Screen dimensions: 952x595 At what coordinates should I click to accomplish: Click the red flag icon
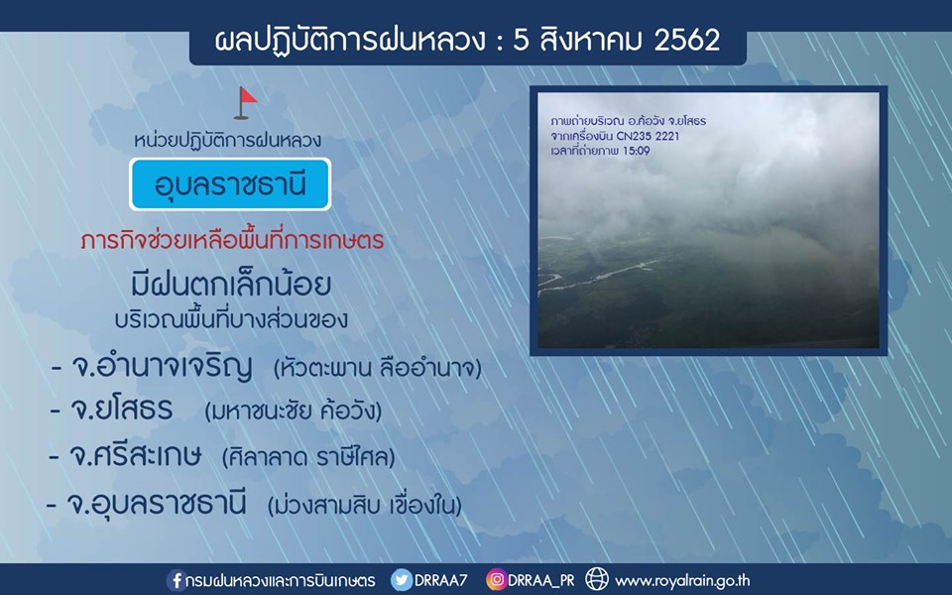pyautogui.click(x=246, y=102)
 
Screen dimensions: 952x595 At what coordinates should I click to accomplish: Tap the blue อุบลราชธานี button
pyautogui.click(x=230, y=184)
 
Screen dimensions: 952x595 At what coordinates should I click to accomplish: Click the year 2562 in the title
pyautogui.click(x=687, y=40)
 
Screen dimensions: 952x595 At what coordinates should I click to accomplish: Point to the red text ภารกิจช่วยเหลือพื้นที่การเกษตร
pyautogui.click(x=232, y=240)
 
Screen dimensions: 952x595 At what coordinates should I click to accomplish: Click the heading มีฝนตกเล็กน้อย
pyautogui.click(x=231, y=285)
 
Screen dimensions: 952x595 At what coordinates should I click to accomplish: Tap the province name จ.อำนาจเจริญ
pyautogui.click(x=162, y=367)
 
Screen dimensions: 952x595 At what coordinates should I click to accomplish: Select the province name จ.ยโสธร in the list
pyautogui.click(x=121, y=410)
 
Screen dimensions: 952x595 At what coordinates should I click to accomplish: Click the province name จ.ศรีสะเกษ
pyautogui.click(x=135, y=456)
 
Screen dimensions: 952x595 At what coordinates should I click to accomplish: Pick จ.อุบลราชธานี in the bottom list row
pyautogui.click(x=157, y=504)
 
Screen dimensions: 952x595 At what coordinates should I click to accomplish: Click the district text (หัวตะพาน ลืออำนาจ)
pyautogui.click(x=377, y=368)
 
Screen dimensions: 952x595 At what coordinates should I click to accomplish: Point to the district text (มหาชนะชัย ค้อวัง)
pyautogui.click(x=294, y=412)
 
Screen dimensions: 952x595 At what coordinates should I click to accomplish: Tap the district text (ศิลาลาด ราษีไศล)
pyautogui.click(x=308, y=457)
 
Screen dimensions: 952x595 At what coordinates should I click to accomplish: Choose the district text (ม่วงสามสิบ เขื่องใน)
pyautogui.click(x=364, y=505)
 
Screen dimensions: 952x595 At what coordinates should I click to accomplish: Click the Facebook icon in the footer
pyautogui.click(x=177, y=580)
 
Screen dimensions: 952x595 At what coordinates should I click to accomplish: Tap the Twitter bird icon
pyautogui.click(x=402, y=580)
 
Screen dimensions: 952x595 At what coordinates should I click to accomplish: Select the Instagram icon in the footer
pyautogui.click(x=496, y=580)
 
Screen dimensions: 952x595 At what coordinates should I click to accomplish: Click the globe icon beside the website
pyautogui.click(x=597, y=579)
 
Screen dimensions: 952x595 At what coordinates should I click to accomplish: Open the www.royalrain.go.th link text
pyautogui.click(x=682, y=581)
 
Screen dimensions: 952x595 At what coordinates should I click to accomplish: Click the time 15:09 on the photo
pyautogui.click(x=637, y=151)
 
